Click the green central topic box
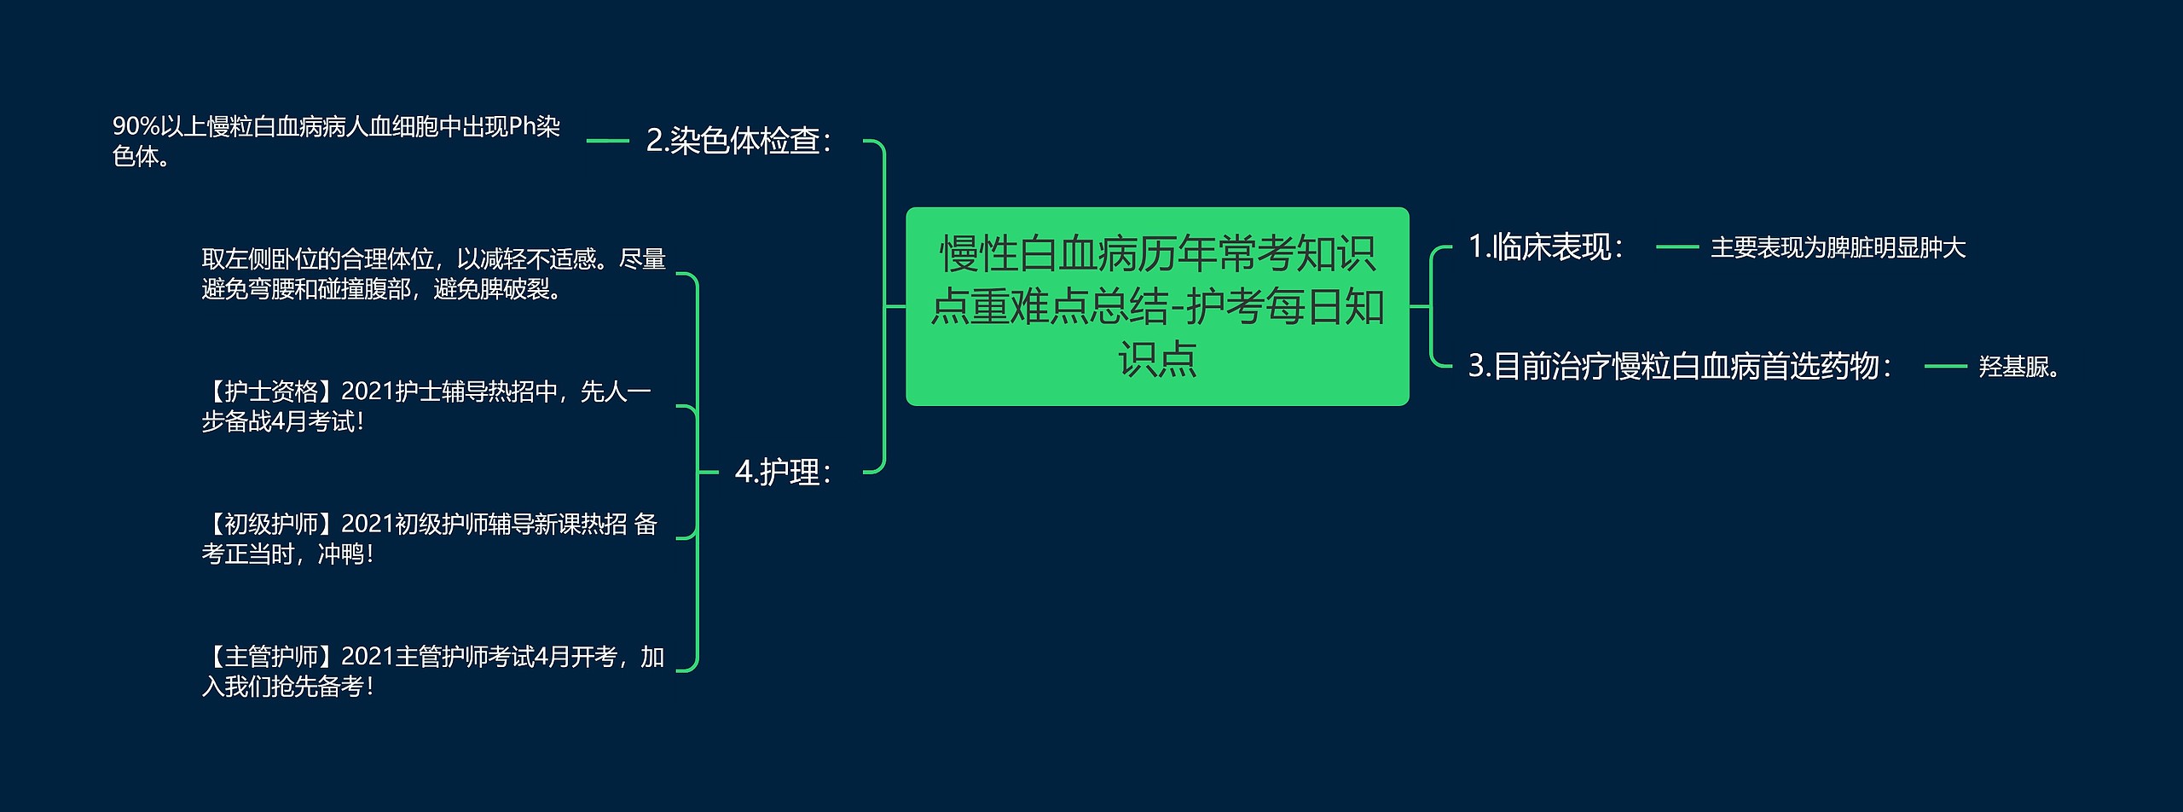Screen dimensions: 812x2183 click(x=1156, y=305)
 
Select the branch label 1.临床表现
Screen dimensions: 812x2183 click(x=1544, y=247)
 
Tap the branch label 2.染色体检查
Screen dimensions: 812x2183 click(x=738, y=141)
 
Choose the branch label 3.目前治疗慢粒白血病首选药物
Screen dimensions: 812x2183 click(x=1678, y=366)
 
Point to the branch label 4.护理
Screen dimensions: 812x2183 click(x=782, y=472)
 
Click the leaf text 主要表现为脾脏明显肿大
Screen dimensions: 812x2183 click(x=1838, y=248)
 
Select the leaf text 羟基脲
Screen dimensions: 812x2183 click(x=2018, y=367)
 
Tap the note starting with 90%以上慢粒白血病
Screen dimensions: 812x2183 click(x=336, y=142)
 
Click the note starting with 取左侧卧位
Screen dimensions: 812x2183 click(x=433, y=274)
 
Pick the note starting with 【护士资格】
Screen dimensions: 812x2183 click(x=426, y=406)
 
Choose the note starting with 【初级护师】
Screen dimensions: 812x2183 click(x=429, y=538)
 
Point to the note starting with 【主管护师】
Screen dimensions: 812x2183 click(x=432, y=671)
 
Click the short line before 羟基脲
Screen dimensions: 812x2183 click(x=1945, y=367)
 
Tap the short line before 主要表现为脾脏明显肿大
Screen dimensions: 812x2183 click(x=1676, y=248)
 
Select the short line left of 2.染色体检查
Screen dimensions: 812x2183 click(x=607, y=141)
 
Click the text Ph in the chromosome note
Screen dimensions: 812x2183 click(x=522, y=127)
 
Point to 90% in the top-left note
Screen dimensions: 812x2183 click(x=136, y=127)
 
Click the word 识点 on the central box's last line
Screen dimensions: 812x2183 click(x=1156, y=359)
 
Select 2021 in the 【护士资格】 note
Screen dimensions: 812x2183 click(x=368, y=391)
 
